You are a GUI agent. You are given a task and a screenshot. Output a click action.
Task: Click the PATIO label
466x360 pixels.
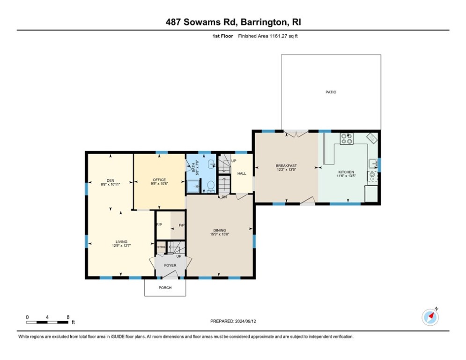click(331, 92)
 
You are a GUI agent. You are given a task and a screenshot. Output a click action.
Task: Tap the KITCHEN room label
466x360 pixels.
click(346, 172)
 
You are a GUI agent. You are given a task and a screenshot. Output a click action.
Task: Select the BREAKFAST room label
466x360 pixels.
click(286, 166)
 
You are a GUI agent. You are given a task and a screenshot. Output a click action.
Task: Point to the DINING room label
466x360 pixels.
click(220, 230)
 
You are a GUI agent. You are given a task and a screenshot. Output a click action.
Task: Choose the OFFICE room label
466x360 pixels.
click(159, 180)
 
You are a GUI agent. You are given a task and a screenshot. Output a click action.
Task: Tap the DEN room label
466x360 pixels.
click(111, 180)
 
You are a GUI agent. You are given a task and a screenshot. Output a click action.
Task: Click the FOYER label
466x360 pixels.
click(170, 265)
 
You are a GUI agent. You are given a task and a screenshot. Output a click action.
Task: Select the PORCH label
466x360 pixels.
click(165, 288)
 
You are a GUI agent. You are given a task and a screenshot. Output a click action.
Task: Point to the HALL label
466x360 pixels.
click(242, 173)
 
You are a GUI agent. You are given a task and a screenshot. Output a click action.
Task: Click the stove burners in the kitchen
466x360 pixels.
click(347, 138)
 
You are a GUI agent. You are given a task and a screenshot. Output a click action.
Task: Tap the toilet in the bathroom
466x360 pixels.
click(211, 186)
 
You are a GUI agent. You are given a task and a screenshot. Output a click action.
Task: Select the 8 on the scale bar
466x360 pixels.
click(68, 317)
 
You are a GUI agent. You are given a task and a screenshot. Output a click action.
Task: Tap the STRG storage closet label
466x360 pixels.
click(161, 247)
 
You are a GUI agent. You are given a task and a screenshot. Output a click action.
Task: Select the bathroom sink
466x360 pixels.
click(212, 165)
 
